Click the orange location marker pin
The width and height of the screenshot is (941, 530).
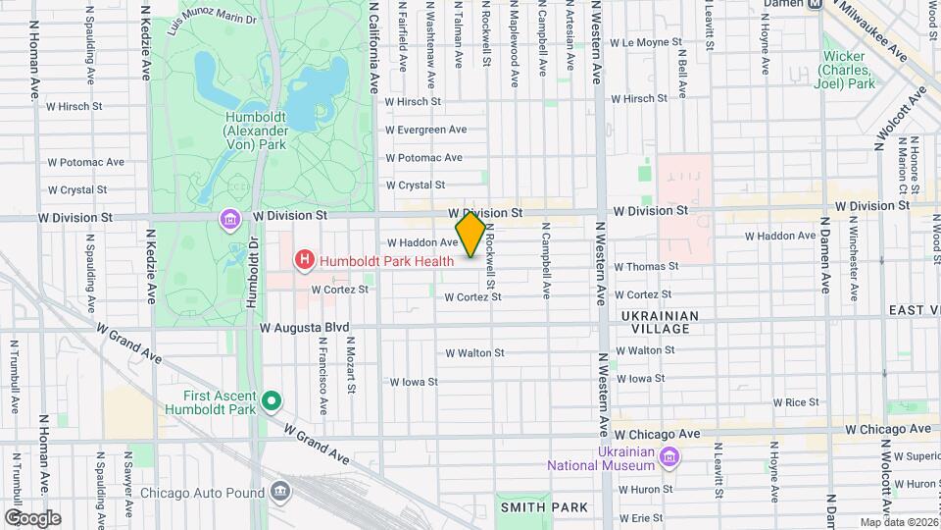click(470, 235)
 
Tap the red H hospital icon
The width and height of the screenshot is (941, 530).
click(305, 260)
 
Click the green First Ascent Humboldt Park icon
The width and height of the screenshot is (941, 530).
click(272, 400)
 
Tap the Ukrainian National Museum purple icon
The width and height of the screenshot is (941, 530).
click(669, 456)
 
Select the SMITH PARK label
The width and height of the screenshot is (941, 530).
click(545, 507)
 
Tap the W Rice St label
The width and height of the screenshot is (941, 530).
click(796, 402)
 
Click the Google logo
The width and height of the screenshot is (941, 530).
click(32, 518)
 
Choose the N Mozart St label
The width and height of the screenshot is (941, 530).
click(349, 366)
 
